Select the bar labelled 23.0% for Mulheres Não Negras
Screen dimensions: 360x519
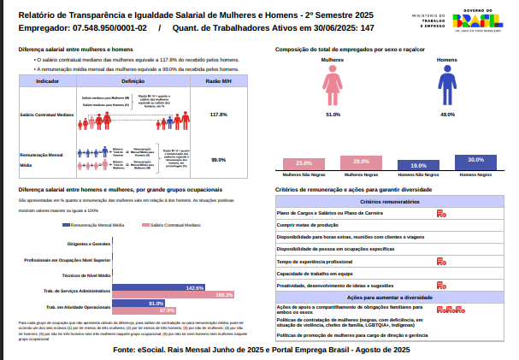(x=304, y=163)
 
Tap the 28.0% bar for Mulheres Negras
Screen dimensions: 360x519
(x=361, y=162)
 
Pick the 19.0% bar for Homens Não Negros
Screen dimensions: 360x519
(x=419, y=165)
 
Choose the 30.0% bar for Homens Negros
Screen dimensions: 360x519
(x=476, y=161)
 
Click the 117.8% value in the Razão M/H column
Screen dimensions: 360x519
(x=218, y=114)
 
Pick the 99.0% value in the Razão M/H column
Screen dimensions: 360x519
(x=218, y=160)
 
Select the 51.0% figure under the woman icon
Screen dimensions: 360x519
(x=333, y=114)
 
